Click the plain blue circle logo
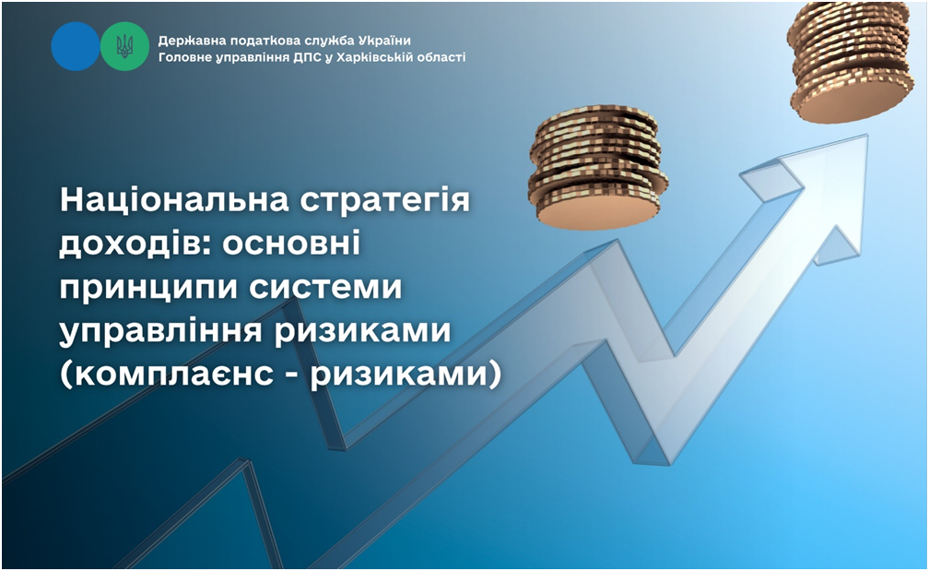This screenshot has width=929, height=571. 76,46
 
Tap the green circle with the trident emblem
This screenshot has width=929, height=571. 124,46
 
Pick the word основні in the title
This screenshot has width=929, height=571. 291,244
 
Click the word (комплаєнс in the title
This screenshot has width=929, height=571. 166,375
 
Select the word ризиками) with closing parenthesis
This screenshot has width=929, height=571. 406,375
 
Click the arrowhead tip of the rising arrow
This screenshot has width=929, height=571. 866,136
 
